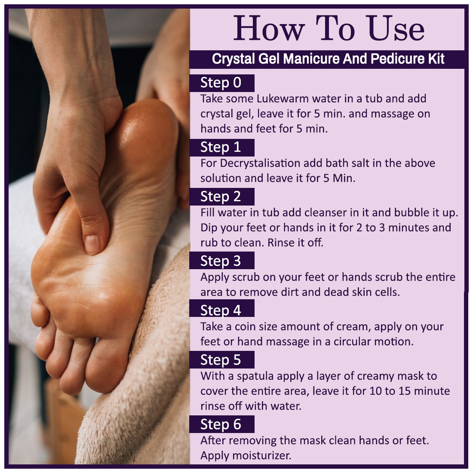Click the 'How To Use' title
tap(329, 29)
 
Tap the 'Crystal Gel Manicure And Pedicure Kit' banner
tap(328, 59)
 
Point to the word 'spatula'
tap(255, 377)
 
